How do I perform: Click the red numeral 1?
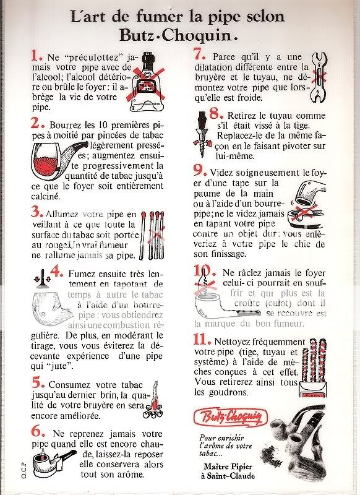pos(36,56)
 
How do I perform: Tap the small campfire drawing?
pos(153,400)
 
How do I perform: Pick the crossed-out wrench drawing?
pos(319,78)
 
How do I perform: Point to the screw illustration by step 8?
pos(202,134)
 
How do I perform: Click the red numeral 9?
pos(200,171)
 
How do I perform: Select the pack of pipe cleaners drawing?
pos(313,368)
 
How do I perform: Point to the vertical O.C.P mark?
pos(24,470)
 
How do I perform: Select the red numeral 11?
pos(202,339)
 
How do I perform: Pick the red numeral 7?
pos(200,54)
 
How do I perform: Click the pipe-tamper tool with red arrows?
pos(41,277)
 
